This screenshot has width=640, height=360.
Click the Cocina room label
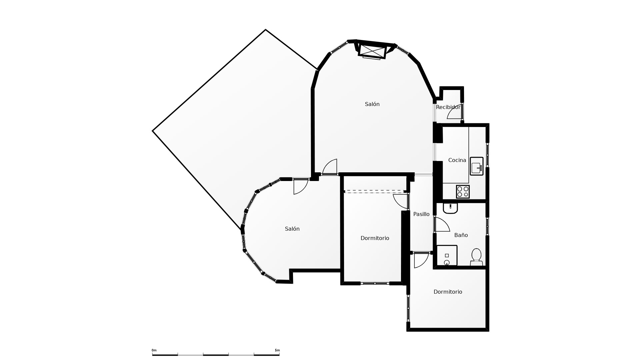click(x=457, y=160)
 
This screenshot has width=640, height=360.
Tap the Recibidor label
click(x=448, y=107)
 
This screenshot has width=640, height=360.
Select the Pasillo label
click(x=421, y=214)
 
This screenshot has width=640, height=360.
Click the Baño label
click(x=461, y=235)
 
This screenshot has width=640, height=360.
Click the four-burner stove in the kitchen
click(x=463, y=192)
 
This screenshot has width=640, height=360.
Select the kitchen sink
click(x=477, y=166)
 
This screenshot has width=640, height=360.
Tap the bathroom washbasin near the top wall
click(x=450, y=208)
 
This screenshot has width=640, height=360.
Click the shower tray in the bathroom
click(x=447, y=256)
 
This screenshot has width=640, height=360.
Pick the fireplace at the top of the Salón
click(x=372, y=51)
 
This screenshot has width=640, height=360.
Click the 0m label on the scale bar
click(x=154, y=350)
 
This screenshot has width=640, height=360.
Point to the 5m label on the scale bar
click(x=277, y=350)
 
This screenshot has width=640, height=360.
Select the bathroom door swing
click(x=442, y=225)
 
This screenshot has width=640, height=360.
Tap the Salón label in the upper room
click(x=372, y=104)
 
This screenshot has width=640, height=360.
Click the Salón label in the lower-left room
click(x=292, y=229)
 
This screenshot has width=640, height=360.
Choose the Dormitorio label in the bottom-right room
click(x=448, y=292)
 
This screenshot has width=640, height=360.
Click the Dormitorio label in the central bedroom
click(x=375, y=238)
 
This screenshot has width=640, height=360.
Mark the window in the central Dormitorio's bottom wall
click(x=375, y=283)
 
